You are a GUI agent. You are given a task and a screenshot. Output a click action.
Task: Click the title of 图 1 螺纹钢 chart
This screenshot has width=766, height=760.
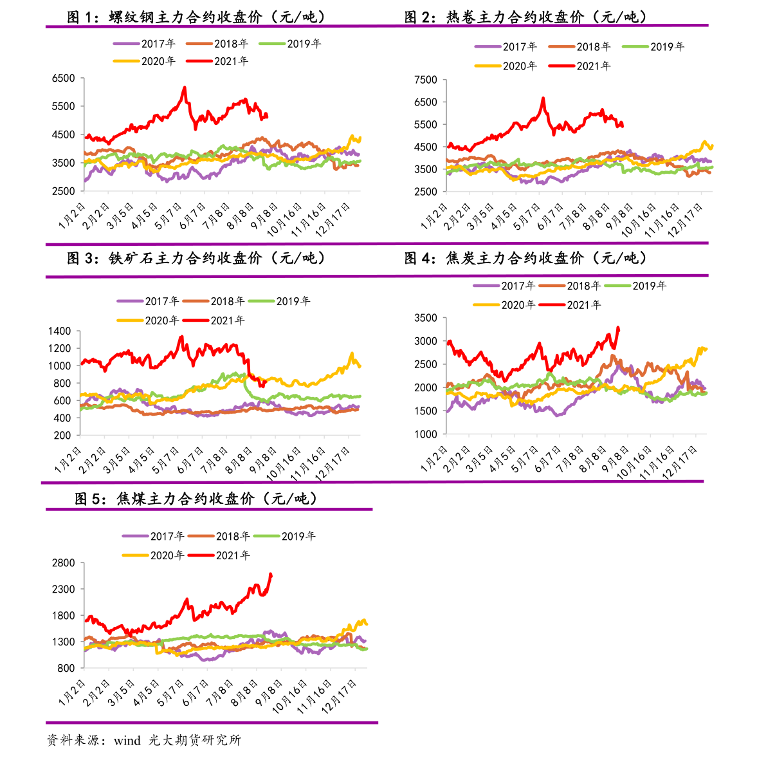(x=196, y=17)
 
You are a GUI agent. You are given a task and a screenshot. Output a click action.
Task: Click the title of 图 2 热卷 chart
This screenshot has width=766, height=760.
(x=525, y=17)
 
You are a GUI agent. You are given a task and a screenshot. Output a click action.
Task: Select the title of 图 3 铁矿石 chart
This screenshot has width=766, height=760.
(x=196, y=259)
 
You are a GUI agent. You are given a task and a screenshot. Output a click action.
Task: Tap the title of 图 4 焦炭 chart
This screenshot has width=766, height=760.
(x=525, y=259)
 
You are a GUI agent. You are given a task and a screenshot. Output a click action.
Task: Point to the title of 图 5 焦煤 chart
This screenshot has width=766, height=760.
(x=196, y=499)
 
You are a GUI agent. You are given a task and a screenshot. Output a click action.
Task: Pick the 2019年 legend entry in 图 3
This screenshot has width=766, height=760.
(x=279, y=301)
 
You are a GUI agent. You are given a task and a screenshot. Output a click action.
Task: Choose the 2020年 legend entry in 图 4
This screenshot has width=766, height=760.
(x=504, y=305)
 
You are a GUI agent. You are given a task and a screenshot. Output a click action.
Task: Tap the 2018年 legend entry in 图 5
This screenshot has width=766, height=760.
(x=219, y=536)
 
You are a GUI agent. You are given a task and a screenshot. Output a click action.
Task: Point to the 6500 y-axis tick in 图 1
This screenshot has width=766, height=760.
(x=63, y=79)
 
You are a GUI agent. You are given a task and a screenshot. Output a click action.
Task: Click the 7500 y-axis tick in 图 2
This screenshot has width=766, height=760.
(x=426, y=80)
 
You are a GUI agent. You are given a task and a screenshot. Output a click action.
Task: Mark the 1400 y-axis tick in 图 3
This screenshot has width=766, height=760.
(x=59, y=331)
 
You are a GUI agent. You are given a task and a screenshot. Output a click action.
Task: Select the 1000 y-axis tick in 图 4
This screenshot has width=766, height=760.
(x=426, y=434)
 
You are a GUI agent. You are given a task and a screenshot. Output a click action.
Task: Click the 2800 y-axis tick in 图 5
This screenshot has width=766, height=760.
(x=63, y=563)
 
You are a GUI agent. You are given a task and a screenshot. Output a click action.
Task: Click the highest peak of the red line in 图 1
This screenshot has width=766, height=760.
(x=185, y=88)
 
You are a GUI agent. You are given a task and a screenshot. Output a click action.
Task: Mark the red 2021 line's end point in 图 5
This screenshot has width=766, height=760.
(x=271, y=574)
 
